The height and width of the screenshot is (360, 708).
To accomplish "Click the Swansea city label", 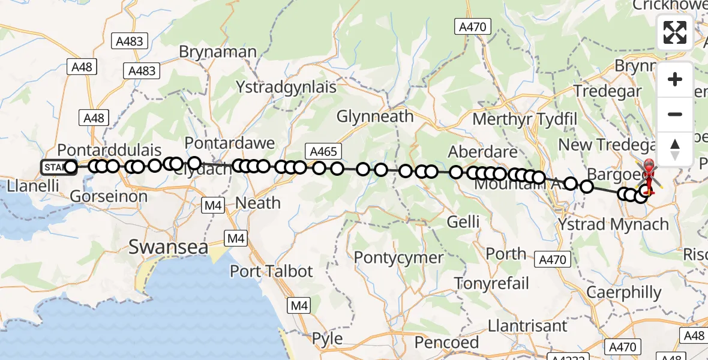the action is (169, 247).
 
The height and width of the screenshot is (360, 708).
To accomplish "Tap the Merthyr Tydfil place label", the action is (524, 118).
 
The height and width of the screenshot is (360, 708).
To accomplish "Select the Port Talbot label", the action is (271, 271).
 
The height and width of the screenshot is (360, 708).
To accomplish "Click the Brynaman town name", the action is (218, 52).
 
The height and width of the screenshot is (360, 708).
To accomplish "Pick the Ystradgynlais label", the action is (286, 87).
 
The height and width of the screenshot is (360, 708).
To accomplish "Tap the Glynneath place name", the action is (375, 116).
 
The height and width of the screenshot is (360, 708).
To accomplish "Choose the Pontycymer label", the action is (398, 258).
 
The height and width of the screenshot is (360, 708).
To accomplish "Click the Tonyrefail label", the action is (492, 283).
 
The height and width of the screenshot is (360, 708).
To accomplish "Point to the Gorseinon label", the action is (109, 196).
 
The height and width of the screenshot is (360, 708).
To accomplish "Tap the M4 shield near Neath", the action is (213, 206).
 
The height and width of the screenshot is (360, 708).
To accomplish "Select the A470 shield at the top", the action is (473, 26).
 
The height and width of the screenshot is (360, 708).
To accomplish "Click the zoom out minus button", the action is (675, 114).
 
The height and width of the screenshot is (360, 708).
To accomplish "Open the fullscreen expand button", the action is (675, 32).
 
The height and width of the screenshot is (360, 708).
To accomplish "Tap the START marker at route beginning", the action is (54, 167).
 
